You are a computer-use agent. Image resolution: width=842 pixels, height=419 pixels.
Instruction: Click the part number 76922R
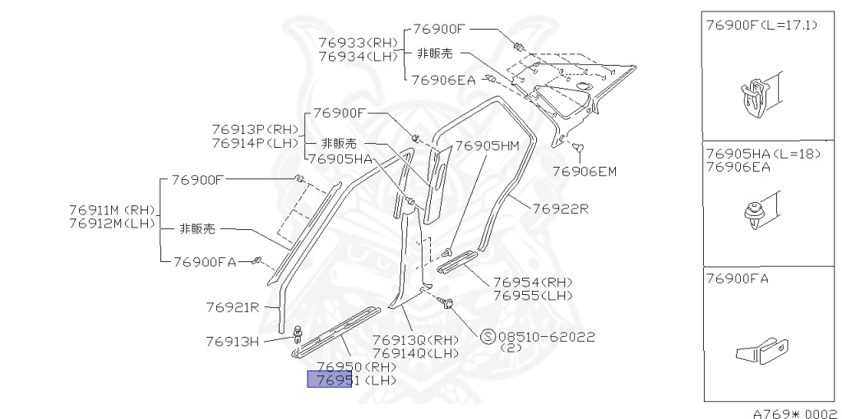(560, 208)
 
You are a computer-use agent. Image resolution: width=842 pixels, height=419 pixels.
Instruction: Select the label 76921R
(233, 307)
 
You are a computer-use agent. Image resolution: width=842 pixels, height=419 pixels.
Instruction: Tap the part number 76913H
(233, 340)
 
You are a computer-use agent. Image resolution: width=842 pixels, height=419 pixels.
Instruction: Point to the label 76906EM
(584, 172)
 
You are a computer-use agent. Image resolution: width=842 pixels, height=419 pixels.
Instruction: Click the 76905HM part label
(487, 145)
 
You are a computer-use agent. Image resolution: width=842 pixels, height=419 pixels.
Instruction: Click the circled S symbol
(488, 336)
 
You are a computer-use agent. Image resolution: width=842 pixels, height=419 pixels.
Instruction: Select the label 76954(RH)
(532, 281)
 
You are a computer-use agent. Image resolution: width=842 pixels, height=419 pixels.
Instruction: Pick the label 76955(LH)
(532, 295)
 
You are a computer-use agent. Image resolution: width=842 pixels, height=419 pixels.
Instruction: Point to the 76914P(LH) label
(255, 142)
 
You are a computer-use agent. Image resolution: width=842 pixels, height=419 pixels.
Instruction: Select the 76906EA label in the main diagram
(444, 80)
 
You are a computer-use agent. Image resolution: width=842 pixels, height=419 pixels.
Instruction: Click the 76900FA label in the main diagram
(205, 261)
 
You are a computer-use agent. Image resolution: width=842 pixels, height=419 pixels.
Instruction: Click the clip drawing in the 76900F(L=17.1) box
(756, 97)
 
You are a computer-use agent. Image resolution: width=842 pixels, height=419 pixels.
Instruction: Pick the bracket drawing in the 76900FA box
(761, 352)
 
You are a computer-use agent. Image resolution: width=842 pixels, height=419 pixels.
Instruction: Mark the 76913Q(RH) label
(415, 339)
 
